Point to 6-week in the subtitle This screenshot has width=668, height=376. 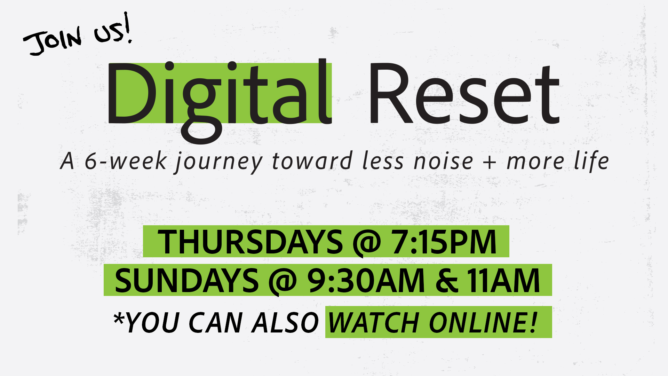[x=126, y=161]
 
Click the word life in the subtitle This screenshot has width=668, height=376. [x=591, y=160]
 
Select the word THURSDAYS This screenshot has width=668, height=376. [x=250, y=242]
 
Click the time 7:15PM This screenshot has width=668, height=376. [x=444, y=242]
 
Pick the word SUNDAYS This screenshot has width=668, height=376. [x=186, y=281]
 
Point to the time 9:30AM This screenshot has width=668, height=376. [x=366, y=281]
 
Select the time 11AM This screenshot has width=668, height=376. [x=503, y=281]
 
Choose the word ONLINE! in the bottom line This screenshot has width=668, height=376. [x=483, y=322]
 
